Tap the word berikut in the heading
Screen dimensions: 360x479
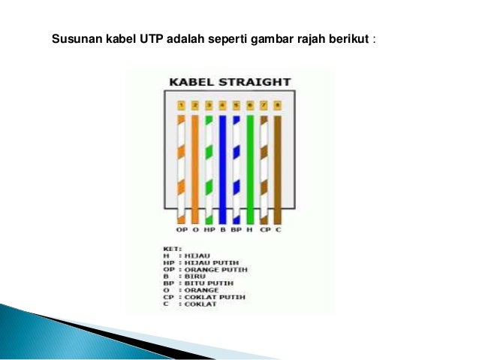[347, 38]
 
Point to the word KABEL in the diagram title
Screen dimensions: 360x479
[191, 81]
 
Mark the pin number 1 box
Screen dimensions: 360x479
[181, 106]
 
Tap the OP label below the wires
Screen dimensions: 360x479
[181, 228]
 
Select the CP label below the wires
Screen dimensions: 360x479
[264, 228]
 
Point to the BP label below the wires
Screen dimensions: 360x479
[236, 228]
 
